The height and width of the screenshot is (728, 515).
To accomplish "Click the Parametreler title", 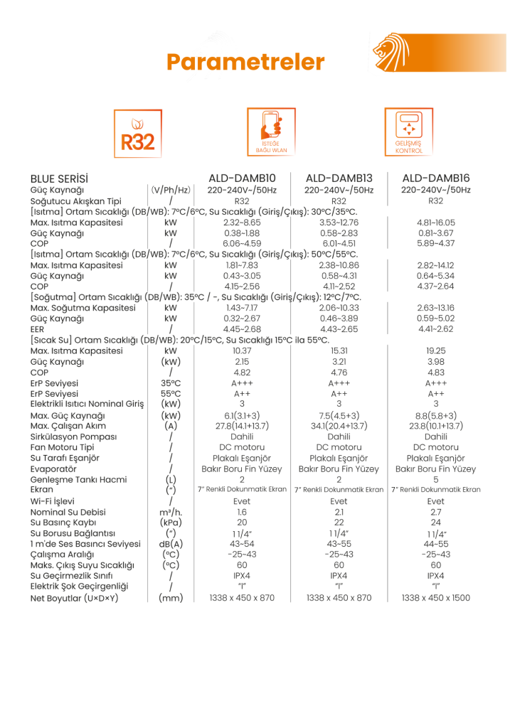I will (x=245, y=62).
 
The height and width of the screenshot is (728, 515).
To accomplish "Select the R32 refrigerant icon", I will (x=138, y=133).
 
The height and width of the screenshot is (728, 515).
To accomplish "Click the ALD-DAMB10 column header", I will (x=242, y=178).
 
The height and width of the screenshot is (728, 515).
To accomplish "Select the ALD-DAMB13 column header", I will (x=339, y=178).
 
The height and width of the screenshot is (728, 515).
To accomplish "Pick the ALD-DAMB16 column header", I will (x=435, y=178).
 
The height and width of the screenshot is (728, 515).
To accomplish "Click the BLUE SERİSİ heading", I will (x=63, y=178).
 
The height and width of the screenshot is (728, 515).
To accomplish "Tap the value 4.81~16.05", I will (x=435, y=223).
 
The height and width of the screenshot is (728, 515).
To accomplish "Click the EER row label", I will (x=37, y=329).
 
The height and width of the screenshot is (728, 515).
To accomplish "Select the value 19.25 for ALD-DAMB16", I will (x=435, y=350).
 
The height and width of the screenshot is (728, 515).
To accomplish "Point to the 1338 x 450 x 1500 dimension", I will (x=435, y=598).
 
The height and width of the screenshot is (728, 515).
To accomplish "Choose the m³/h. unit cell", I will (x=171, y=512).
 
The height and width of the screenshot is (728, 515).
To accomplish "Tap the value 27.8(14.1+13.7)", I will (x=242, y=426).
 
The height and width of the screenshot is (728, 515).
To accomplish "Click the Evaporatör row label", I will (x=53, y=469).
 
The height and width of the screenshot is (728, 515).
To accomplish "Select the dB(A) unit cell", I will (x=171, y=544).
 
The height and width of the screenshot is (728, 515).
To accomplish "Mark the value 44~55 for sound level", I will (x=435, y=544).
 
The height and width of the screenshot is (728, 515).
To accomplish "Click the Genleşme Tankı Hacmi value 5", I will (x=435, y=479).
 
